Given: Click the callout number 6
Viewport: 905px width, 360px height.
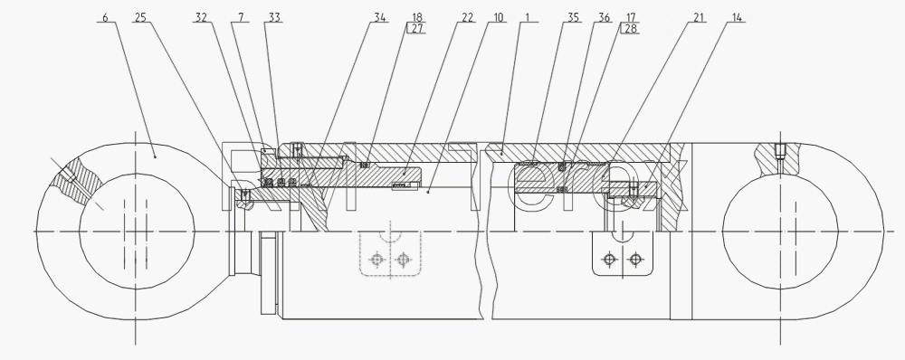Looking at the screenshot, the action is (105, 18).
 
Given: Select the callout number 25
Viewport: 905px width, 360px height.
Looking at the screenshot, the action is (140, 18).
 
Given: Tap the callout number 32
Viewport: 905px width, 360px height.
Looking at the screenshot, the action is (201, 18).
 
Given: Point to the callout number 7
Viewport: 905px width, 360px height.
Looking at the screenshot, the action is (241, 18).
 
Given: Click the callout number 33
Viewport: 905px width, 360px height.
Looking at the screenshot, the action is (275, 18).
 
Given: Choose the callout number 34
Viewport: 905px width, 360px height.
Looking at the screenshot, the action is (380, 18).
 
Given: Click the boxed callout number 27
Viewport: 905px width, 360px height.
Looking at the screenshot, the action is (416, 29).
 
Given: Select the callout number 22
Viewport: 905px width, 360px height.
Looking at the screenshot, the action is (468, 18).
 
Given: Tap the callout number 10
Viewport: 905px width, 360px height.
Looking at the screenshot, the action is (499, 18).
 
